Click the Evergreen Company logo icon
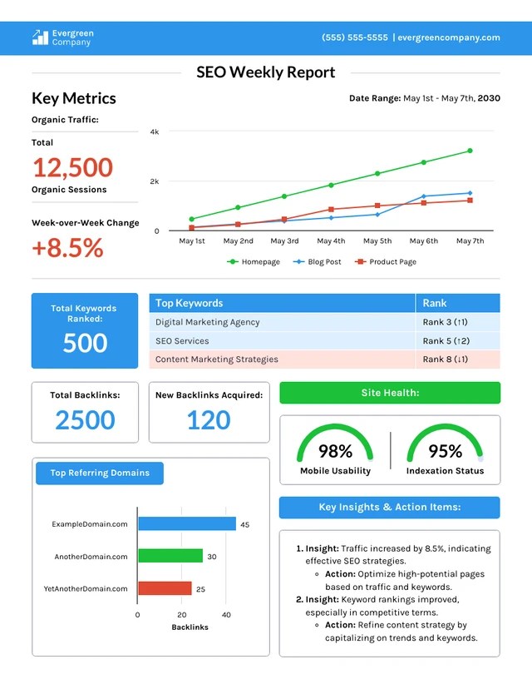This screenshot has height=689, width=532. tap(40, 37)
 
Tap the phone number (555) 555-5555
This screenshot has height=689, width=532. tap(355, 37)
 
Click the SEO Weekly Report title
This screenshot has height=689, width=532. tap(265, 72)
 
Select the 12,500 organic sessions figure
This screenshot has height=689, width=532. tap(73, 167)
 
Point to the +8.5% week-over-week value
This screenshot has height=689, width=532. tap(67, 247)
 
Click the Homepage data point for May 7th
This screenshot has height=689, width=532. tap(470, 151)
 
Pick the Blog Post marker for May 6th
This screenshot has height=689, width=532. tap(424, 196)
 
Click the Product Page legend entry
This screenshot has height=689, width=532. tap(386, 262)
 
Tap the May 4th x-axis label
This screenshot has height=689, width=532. tap(331, 240)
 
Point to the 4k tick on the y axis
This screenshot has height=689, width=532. tap(155, 131)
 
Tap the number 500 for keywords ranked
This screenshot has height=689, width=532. tap(85, 343)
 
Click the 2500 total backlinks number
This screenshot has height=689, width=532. tap(85, 420)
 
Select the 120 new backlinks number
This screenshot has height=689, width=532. tap(209, 420)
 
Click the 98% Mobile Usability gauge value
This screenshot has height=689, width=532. tap(335, 451)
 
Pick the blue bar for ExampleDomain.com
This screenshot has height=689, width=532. tap(187, 523)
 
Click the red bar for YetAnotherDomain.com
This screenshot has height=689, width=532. tap(165, 588)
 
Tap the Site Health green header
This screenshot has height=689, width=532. tap(390, 393)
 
